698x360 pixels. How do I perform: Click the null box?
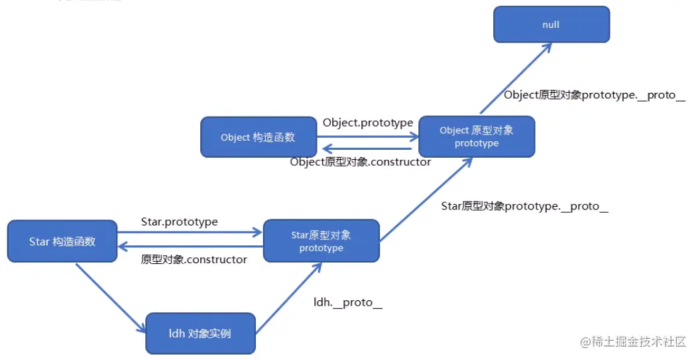point(551,25)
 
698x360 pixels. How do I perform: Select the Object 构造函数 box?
point(258,138)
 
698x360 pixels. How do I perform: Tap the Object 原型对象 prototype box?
point(477,137)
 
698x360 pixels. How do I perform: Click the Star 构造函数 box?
point(62,241)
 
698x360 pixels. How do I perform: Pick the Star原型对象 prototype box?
point(321,241)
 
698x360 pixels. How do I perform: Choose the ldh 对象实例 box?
point(200,333)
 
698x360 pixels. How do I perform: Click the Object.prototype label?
point(368,123)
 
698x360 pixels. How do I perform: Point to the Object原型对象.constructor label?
point(361,162)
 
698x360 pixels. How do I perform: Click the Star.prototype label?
point(180,221)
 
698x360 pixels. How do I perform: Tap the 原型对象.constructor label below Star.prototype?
point(194,259)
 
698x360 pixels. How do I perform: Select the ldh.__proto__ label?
point(348,302)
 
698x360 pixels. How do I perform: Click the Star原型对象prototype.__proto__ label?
point(525,206)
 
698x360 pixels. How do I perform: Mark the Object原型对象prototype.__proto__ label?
point(595,95)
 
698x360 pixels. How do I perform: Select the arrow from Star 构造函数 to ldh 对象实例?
point(111,298)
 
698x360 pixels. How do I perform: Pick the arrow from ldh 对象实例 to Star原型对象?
point(289,296)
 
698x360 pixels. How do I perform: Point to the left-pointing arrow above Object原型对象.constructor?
point(368,149)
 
